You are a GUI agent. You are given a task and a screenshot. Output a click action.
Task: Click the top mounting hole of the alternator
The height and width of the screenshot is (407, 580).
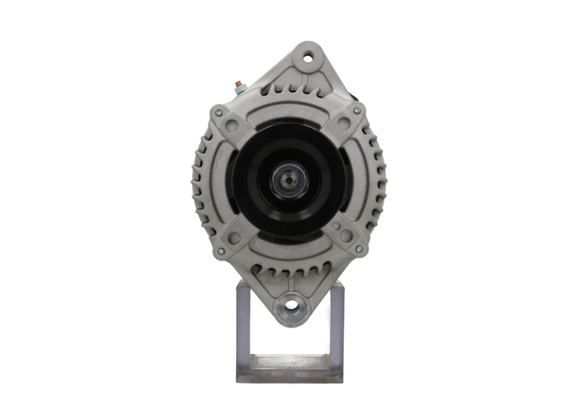(x=308, y=56)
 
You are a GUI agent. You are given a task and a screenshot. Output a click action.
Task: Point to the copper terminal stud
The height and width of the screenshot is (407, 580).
(x=239, y=85)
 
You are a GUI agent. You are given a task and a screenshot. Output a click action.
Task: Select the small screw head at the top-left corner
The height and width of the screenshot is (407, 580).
(x=218, y=113)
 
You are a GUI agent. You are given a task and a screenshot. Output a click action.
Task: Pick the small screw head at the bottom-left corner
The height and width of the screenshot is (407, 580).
(x=220, y=250)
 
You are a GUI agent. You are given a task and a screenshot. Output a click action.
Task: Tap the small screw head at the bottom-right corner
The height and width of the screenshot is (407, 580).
(x=359, y=247)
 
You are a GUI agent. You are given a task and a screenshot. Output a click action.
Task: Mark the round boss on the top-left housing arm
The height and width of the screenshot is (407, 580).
(x=232, y=126)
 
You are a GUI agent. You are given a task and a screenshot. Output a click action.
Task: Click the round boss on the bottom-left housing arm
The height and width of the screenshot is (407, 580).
(x=234, y=238)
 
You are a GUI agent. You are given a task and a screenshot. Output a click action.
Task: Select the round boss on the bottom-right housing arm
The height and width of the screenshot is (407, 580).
(x=346, y=235)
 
